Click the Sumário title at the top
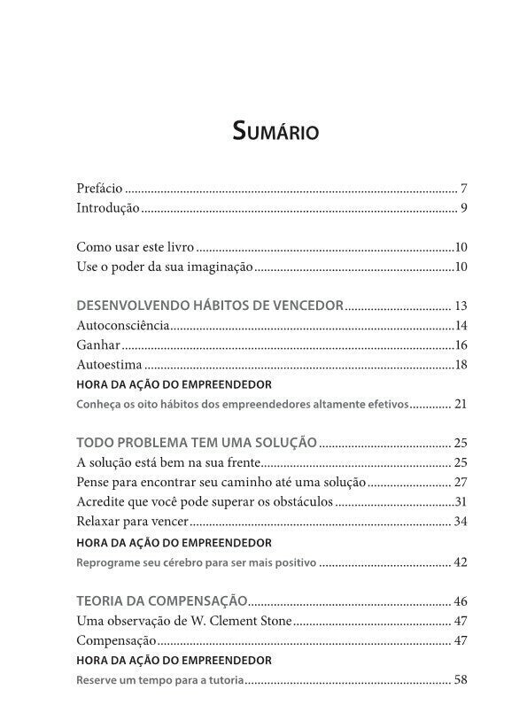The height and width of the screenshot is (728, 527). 275,133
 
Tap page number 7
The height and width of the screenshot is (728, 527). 463,189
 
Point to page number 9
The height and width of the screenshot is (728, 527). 463,209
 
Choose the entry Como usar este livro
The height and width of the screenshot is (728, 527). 135,247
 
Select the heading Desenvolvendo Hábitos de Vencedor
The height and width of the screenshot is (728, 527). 210,306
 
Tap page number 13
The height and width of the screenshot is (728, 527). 460,306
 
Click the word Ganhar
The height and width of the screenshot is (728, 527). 98,345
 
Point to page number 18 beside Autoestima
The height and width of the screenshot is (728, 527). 461,365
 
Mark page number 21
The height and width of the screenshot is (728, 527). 460,404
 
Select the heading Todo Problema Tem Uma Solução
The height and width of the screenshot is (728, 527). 197,442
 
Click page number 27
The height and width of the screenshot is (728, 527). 460,482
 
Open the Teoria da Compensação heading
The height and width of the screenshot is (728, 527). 162,600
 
